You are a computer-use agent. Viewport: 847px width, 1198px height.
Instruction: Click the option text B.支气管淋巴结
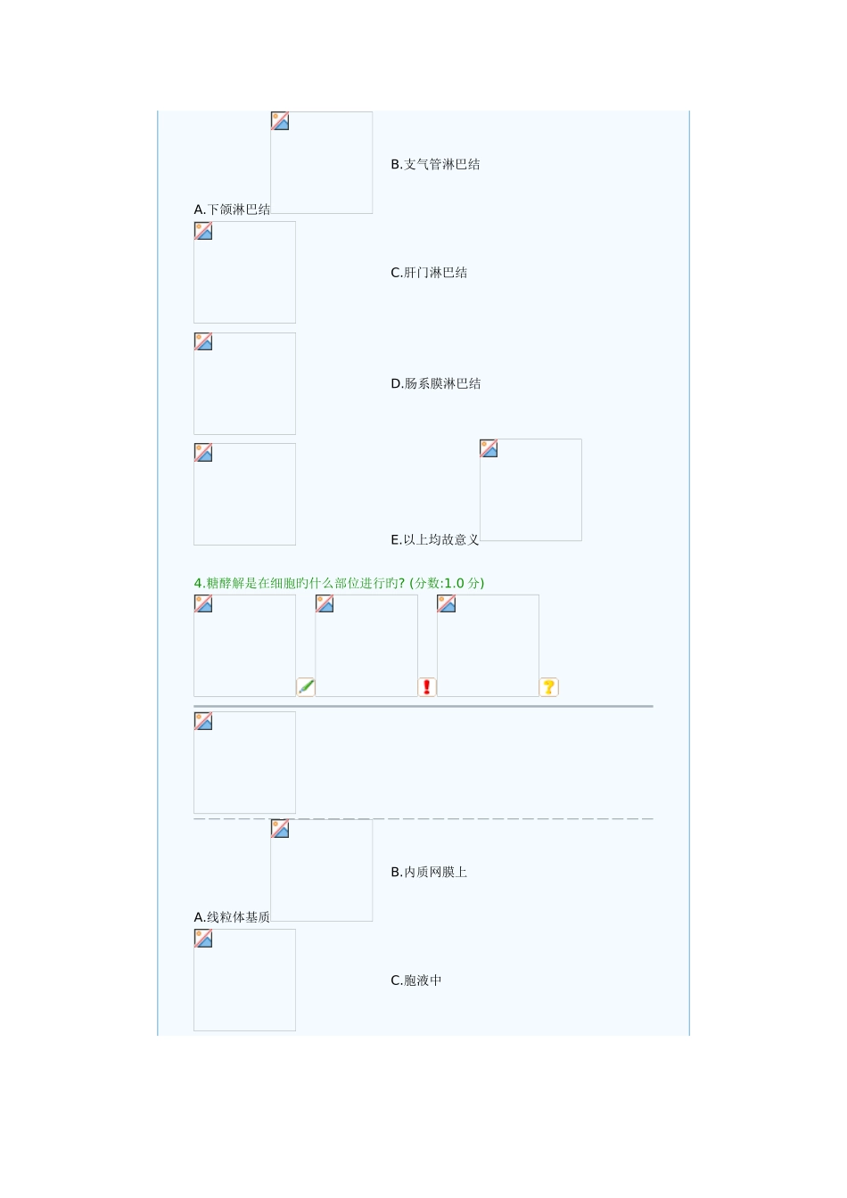click(435, 164)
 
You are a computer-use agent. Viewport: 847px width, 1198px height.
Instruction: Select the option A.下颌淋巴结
click(232, 209)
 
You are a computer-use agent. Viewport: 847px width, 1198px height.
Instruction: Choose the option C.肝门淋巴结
click(429, 273)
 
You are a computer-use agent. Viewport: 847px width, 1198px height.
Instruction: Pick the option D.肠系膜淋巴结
click(436, 384)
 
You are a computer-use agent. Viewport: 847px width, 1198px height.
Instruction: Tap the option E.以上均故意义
click(435, 539)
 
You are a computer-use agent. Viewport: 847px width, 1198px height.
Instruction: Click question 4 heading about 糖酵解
click(299, 583)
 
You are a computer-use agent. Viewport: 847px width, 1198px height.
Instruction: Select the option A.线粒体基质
click(232, 917)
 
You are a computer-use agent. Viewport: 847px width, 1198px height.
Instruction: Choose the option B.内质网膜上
click(429, 872)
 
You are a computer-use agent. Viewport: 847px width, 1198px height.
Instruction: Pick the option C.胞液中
click(416, 981)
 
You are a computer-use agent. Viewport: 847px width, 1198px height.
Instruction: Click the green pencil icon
click(306, 687)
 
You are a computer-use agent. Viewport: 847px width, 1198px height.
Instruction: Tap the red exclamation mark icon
click(427, 687)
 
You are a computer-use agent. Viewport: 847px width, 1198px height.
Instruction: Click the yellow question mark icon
click(549, 687)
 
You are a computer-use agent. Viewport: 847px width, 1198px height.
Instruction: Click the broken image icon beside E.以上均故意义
click(489, 448)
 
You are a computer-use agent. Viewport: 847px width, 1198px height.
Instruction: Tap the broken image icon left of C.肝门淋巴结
click(203, 232)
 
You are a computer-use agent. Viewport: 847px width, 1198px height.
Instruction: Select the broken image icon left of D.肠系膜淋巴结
click(203, 342)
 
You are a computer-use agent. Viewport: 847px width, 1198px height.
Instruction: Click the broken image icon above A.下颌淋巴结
click(280, 121)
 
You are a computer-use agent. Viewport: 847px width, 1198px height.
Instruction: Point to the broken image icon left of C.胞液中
click(203, 939)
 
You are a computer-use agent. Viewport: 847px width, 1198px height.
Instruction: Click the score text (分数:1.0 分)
click(448, 583)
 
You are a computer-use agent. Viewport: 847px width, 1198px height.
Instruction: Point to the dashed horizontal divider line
click(423, 818)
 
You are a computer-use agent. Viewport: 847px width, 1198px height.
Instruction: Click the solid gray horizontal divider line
click(423, 706)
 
